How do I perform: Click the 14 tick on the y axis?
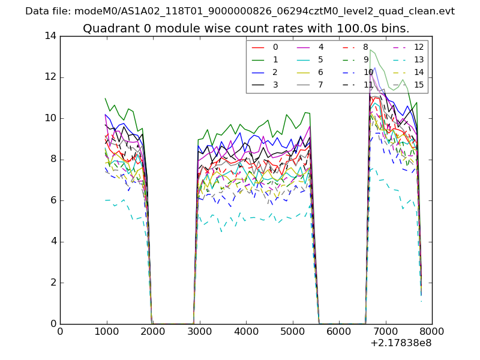50,36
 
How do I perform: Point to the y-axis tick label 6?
53,200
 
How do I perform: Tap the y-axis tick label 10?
50,118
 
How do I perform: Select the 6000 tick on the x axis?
339,331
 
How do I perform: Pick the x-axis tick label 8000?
432,331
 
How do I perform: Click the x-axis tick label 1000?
106,331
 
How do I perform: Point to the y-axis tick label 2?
53,283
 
